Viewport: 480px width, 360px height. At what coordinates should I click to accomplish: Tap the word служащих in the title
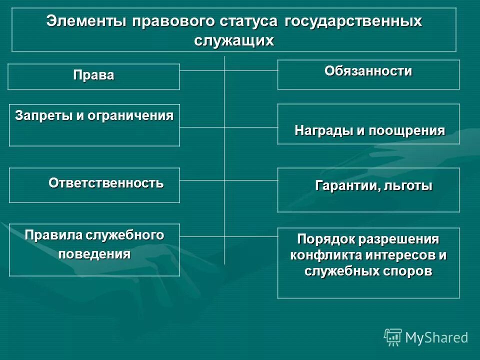pyautogui.click(x=234, y=40)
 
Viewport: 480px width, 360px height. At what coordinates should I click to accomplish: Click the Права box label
pyautogui.click(x=93, y=75)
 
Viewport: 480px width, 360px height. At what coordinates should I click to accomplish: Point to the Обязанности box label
pyautogui.click(x=368, y=71)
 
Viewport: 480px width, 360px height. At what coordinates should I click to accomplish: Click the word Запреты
pyautogui.click(x=43, y=115)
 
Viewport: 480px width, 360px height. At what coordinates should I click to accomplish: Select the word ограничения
pyautogui.click(x=130, y=115)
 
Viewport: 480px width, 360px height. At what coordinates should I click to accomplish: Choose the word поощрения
pyautogui.click(x=407, y=131)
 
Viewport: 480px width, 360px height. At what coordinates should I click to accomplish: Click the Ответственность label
pyautogui.click(x=106, y=183)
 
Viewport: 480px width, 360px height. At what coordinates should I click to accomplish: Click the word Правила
pyautogui.click(x=53, y=235)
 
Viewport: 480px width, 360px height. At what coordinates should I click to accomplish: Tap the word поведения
pyautogui.click(x=94, y=253)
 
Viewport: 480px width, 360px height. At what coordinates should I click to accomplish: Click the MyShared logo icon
pyautogui.click(x=393, y=337)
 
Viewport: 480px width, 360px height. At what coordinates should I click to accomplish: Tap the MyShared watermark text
pyautogui.click(x=436, y=338)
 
